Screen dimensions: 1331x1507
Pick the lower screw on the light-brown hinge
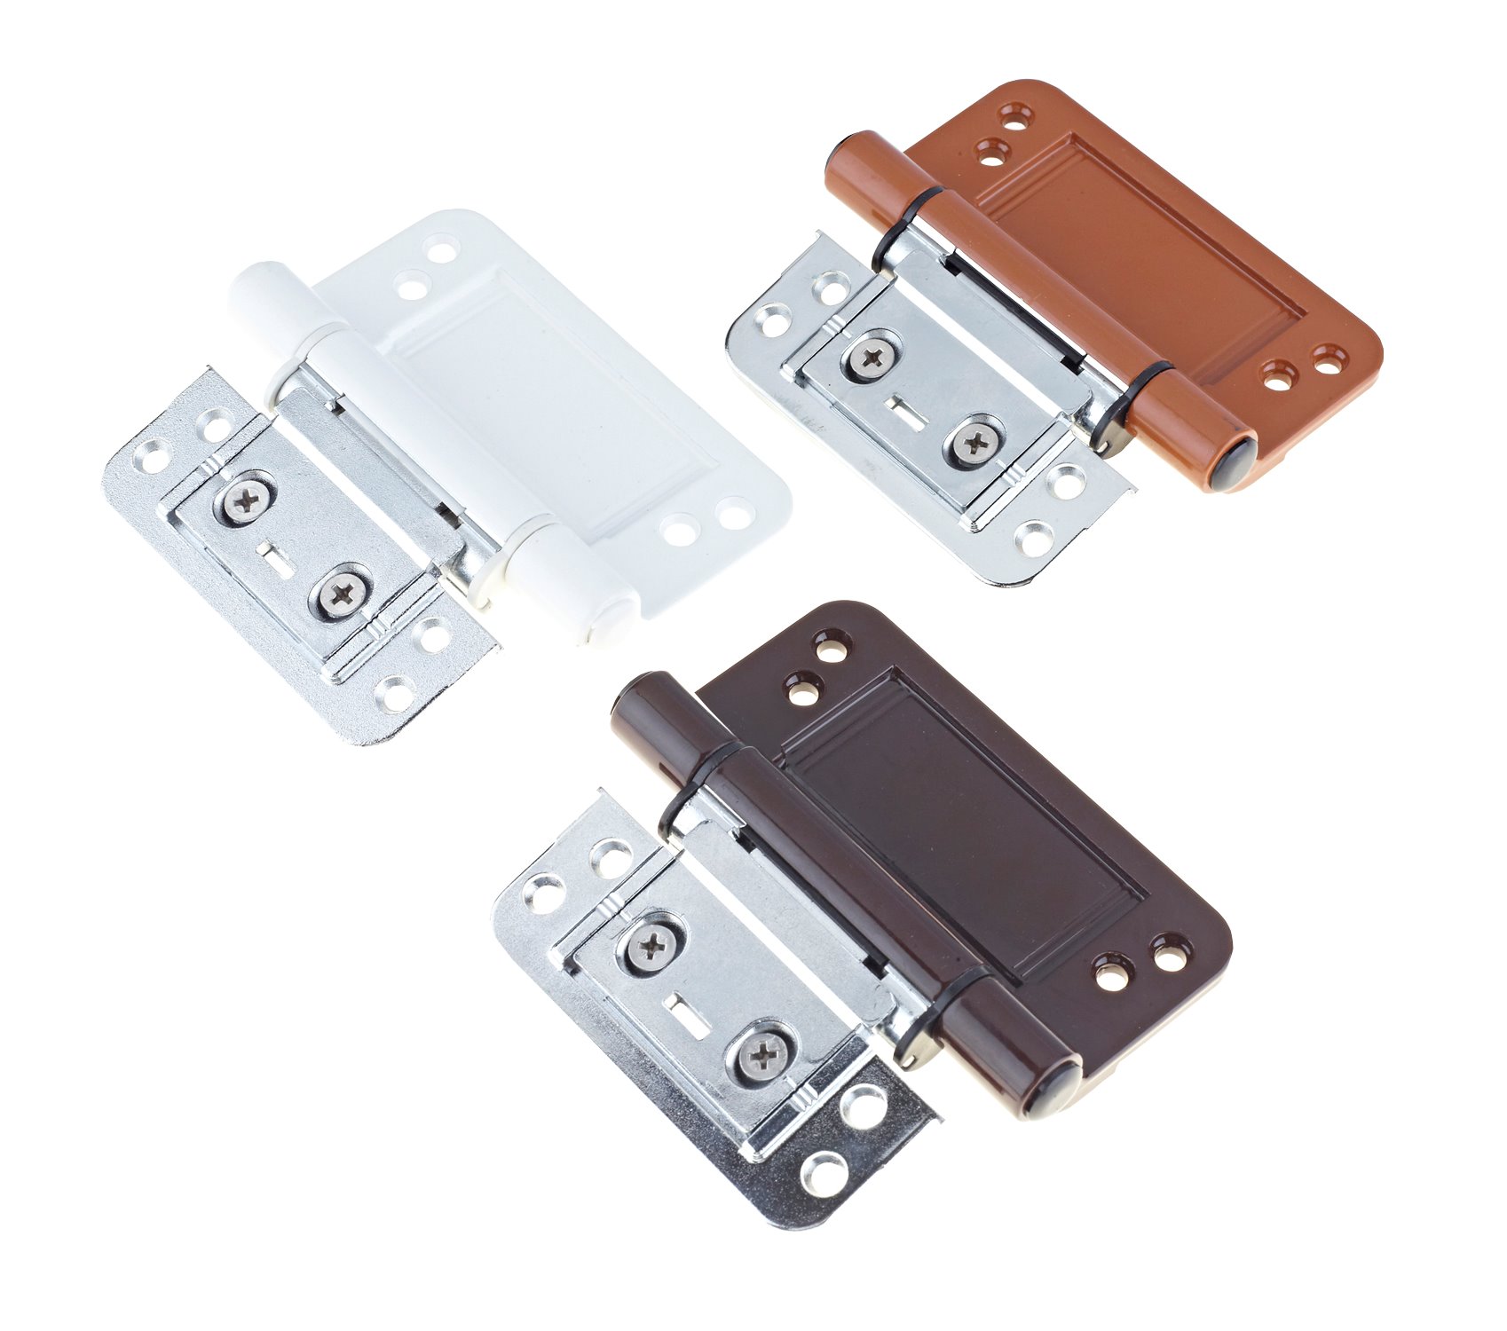coord(973,441)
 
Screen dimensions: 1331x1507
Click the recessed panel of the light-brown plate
coord(1145,248)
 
